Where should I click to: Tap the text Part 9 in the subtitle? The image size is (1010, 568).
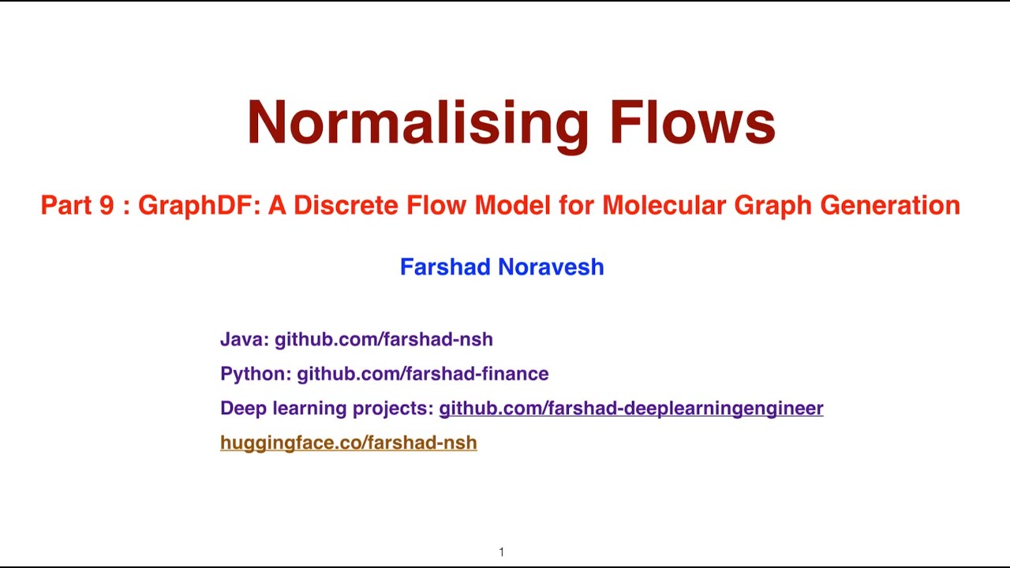[x=77, y=206]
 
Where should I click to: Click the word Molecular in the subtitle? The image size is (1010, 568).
[x=664, y=206]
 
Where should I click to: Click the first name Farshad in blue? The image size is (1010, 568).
[x=446, y=267]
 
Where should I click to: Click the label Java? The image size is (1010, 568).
[x=245, y=340]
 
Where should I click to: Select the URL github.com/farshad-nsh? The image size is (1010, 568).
[x=383, y=340]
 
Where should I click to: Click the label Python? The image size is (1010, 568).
[x=256, y=374]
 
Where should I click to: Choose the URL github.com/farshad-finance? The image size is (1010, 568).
[x=422, y=374]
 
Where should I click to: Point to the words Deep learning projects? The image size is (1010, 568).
[x=327, y=409]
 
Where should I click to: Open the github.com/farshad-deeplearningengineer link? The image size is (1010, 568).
[x=630, y=409]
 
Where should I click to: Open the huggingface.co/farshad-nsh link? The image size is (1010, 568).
[x=348, y=443]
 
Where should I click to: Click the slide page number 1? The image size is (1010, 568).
[x=501, y=552]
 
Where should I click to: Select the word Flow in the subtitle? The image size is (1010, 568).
[x=438, y=206]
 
